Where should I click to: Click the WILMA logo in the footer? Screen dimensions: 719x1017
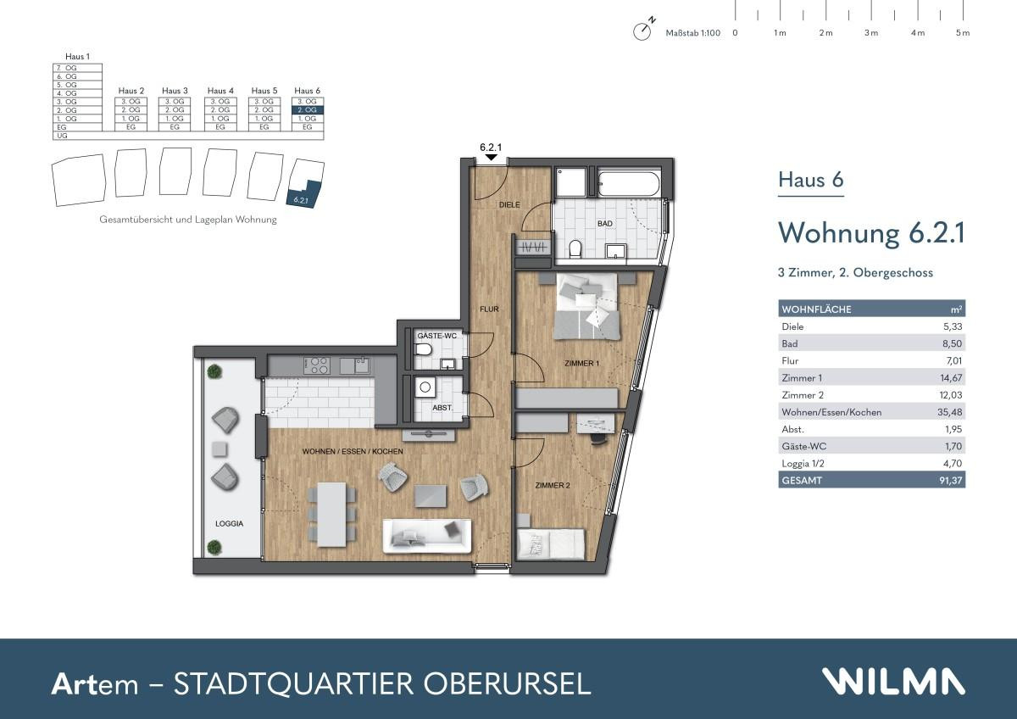(893, 682)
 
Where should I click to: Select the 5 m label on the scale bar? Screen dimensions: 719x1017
(962, 33)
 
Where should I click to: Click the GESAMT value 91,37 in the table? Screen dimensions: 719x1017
(953, 481)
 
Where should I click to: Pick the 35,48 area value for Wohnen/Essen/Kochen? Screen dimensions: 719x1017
(953, 413)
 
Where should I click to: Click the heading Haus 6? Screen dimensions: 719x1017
(811, 181)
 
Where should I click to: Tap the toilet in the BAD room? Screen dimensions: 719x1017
(576, 248)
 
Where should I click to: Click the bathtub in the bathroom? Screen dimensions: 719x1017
(628, 181)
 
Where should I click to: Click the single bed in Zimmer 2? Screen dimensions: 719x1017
(552, 543)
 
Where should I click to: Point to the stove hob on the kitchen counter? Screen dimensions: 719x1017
(317, 365)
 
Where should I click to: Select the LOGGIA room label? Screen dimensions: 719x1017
(229, 524)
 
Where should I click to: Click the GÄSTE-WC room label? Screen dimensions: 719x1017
(436, 337)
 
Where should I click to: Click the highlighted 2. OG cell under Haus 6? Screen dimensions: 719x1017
(307, 110)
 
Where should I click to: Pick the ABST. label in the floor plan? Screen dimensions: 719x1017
(442, 408)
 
